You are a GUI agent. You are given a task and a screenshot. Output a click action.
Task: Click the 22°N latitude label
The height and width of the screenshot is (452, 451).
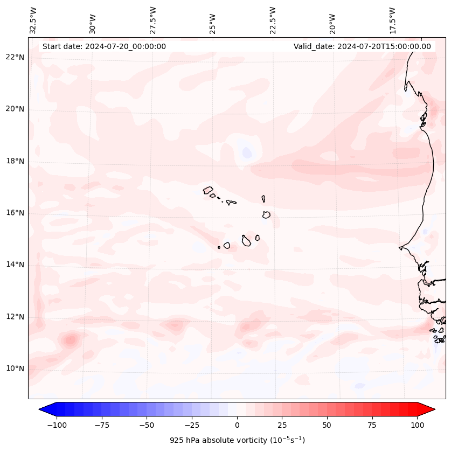coord(15,58)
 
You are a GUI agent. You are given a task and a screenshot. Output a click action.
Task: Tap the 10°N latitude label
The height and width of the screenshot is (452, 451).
coord(15,369)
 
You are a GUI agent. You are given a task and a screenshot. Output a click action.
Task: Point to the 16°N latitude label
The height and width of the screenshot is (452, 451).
coord(15,213)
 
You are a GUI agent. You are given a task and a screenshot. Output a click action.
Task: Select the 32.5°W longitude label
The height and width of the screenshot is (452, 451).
coord(33,20)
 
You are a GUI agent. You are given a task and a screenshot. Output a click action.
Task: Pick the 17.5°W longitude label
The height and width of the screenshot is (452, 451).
coord(392,20)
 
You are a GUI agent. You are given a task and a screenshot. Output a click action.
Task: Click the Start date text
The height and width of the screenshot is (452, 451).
coord(104,46)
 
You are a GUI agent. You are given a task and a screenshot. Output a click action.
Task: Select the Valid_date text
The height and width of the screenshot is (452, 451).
coord(362,46)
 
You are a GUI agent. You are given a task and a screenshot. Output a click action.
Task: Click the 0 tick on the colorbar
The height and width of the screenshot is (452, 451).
coord(237,425)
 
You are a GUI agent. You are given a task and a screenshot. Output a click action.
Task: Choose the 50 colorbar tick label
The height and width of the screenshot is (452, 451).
coord(327,425)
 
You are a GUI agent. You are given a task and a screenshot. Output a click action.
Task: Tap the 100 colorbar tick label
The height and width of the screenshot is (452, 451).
coord(417,425)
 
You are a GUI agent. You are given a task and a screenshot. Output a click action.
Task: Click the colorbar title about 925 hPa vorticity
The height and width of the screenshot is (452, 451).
coord(237,440)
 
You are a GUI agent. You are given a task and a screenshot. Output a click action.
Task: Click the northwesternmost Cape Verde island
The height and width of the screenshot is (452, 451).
coord(208,190)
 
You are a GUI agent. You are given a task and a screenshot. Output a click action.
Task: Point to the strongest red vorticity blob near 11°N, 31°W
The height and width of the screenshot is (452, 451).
coord(70,340)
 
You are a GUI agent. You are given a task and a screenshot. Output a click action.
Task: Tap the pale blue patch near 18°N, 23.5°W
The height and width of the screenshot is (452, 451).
coord(247,152)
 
